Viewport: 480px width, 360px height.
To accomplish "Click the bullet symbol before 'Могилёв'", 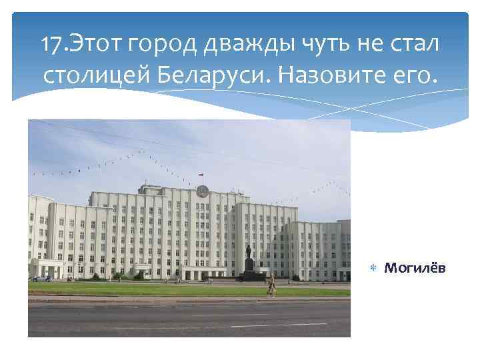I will (374, 267).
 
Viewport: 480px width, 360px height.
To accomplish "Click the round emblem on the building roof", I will (202, 191).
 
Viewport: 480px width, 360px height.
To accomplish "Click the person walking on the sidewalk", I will (271, 285).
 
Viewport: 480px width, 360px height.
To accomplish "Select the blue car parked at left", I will (43, 278).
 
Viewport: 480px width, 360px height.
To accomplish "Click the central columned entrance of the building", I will (200, 273).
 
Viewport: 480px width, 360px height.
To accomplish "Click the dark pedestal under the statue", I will (249, 268).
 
